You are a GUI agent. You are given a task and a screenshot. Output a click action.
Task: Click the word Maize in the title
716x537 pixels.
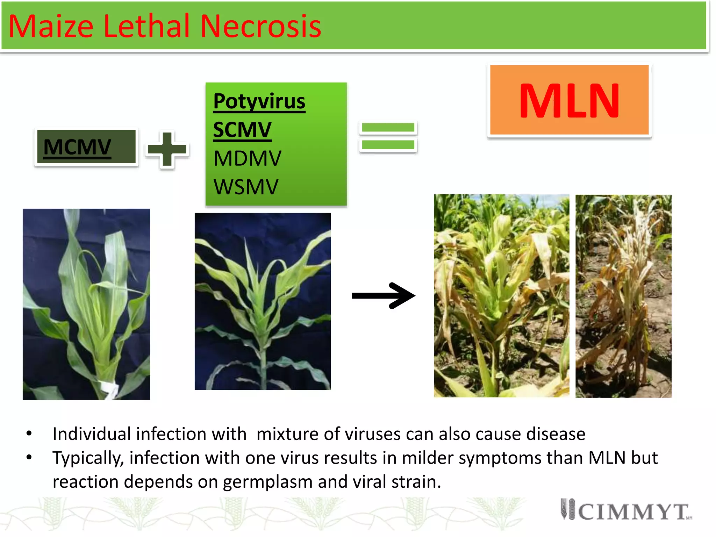click(51, 26)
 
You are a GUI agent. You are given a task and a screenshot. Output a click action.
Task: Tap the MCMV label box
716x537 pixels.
click(86, 146)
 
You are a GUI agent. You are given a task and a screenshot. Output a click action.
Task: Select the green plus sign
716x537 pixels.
click(167, 149)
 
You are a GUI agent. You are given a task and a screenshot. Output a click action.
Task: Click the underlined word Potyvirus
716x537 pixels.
click(259, 101)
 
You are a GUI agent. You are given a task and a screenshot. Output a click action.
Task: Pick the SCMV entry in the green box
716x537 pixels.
click(242, 130)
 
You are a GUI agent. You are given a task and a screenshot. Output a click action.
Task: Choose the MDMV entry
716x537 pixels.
click(247, 158)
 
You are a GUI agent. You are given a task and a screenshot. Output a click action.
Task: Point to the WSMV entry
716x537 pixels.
click(246, 187)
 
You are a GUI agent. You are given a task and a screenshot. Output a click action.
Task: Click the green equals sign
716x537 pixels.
click(388, 136)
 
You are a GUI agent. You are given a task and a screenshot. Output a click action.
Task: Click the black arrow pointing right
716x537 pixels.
click(383, 296)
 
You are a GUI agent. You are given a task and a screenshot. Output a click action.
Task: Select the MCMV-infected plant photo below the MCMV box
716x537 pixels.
click(86, 304)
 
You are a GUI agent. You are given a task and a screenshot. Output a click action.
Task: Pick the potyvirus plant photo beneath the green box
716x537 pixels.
click(263, 301)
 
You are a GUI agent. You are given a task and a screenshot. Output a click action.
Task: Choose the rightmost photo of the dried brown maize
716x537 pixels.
click(623, 296)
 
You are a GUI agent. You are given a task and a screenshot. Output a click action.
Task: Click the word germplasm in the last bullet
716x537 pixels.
click(267, 481)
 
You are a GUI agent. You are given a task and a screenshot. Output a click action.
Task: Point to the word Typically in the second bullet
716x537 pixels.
click(88, 458)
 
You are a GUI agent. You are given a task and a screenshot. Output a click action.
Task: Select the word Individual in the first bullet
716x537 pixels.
click(92, 434)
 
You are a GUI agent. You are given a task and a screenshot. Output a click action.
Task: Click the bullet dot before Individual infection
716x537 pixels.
click(29, 434)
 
